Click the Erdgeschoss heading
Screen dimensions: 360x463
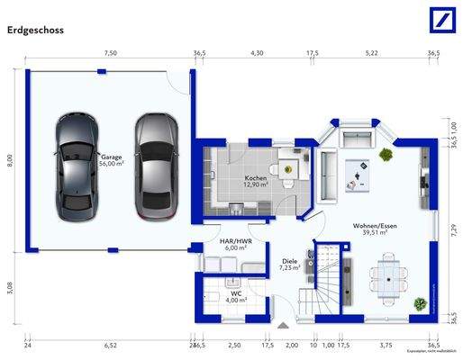point(36,29)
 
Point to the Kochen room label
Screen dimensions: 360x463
point(257,182)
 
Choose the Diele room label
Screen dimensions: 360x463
point(288,265)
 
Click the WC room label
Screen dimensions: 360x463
point(235,296)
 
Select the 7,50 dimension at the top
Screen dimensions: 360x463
point(110,54)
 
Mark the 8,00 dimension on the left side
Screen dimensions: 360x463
point(10,159)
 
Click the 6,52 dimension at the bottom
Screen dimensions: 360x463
point(110,345)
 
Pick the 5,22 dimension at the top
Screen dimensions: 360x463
point(371,54)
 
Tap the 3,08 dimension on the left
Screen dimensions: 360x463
point(10,287)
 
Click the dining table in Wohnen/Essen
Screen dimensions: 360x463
point(388,277)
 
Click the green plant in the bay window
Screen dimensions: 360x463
point(387,154)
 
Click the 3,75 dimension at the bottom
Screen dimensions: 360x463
point(386,345)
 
